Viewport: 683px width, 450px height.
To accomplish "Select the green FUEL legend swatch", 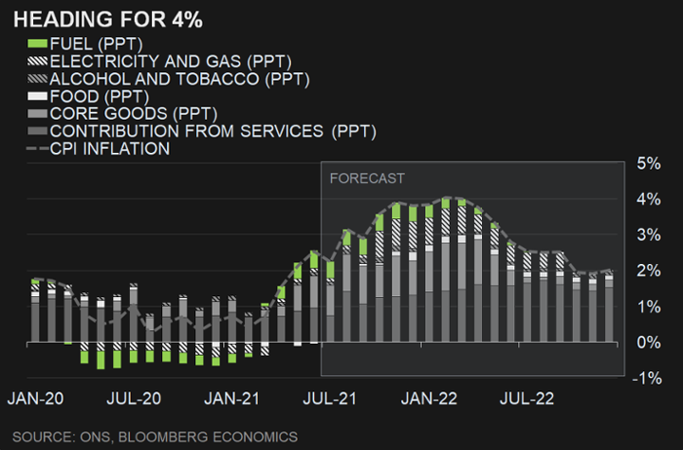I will [x=37, y=44].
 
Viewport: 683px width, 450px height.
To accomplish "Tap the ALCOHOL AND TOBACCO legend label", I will [x=179, y=79].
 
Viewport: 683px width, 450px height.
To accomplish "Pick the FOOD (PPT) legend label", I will [x=99, y=96].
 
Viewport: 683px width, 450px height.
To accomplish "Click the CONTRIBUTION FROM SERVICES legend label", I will [x=212, y=131].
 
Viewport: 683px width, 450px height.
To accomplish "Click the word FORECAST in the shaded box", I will [x=366, y=178].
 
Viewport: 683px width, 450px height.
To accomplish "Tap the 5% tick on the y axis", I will [x=648, y=163].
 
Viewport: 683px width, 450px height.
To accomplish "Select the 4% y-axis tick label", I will [x=648, y=199].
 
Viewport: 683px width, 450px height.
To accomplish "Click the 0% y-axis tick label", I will [x=648, y=343].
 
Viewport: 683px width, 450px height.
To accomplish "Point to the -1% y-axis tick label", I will [x=646, y=378].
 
